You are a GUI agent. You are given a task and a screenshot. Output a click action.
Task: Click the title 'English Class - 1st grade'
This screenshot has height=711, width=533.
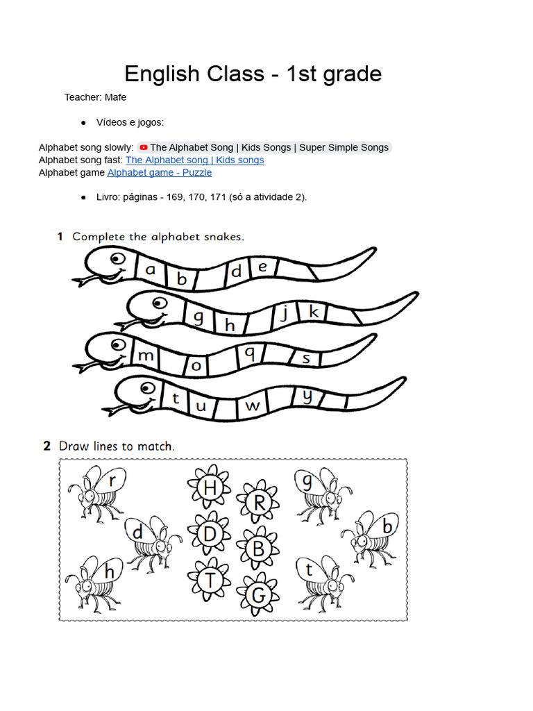coord(253,74)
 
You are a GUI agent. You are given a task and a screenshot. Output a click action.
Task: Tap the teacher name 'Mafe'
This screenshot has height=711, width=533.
coord(115,97)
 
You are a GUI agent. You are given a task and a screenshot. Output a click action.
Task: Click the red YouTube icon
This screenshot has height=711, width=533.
coord(143,147)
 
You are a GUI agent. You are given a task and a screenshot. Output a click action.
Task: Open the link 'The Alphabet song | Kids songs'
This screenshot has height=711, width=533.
coord(194,160)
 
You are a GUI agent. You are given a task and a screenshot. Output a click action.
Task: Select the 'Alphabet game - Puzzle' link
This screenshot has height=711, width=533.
coord(160,172)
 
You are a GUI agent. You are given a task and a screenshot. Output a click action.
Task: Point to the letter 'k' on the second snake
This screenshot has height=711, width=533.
coord(314,312)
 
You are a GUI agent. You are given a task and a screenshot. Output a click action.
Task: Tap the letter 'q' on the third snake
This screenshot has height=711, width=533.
coord(249,353)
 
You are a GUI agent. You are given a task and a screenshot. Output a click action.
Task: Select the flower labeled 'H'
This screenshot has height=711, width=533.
coord(210,488)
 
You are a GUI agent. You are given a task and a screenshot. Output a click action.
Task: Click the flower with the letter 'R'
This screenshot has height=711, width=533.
coord(258,502)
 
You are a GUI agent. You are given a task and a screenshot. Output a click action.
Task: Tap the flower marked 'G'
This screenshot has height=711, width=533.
coord(258,594)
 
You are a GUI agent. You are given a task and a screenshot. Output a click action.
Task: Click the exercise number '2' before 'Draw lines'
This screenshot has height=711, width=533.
coord(47,446)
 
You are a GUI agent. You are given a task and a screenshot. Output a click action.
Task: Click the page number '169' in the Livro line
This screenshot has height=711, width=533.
coord(176,197)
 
